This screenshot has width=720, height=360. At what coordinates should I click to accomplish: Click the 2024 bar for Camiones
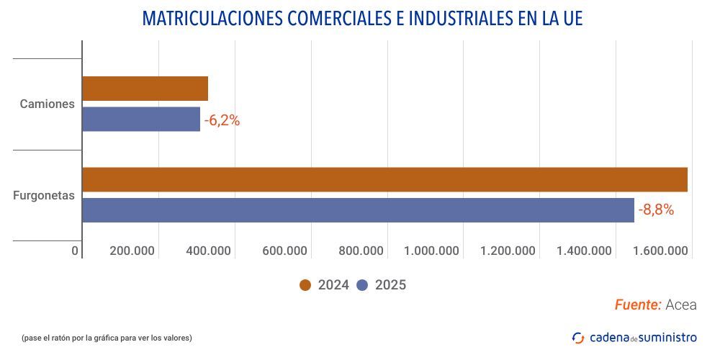145,89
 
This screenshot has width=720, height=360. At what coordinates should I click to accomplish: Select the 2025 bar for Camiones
141,119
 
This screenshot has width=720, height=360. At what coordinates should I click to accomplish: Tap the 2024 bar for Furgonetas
384,179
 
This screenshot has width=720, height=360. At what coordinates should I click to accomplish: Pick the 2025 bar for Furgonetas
358,210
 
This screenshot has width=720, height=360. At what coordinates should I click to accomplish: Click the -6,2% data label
222,120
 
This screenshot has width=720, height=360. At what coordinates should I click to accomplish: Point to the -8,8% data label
656,210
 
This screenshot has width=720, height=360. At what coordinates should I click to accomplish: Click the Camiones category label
48,104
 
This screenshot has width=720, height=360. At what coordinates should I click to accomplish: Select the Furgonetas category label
44,195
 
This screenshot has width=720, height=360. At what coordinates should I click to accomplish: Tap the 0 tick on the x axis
75,251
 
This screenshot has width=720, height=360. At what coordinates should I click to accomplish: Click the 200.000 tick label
132,251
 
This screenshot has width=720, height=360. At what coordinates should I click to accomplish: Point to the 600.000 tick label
284,251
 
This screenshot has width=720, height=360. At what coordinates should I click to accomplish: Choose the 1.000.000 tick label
432,251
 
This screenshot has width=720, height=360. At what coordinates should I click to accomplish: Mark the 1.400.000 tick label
585,251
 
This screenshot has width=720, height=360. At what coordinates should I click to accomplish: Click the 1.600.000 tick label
661,251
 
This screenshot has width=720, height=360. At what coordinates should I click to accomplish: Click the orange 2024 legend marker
305,285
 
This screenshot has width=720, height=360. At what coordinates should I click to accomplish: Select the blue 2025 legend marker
362,285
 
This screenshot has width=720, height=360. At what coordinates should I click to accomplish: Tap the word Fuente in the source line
638,305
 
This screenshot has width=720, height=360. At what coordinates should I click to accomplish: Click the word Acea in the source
681,305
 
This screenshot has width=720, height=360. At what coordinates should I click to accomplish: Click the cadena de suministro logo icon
578,338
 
